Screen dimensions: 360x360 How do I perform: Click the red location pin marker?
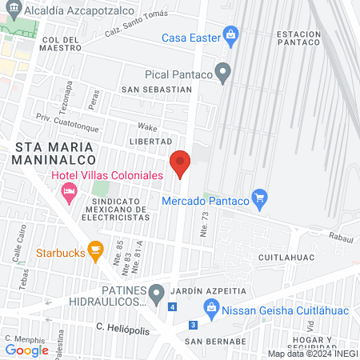(180, 162)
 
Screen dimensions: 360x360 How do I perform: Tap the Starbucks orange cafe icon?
(94, 251)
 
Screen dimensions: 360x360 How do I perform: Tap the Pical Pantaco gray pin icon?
(225, 74)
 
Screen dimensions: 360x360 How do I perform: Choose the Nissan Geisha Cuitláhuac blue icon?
(210, 306)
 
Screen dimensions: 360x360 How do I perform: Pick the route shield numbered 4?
(174, 307)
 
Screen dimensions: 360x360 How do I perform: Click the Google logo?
(26, 350)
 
